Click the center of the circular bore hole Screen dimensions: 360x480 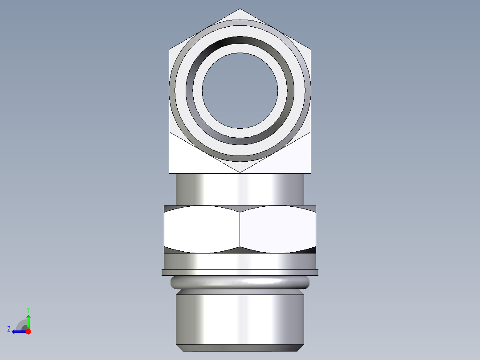[x=240, y=90]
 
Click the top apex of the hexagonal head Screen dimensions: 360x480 [x=240, y=9]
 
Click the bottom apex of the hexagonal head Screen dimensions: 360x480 [x=240, y=172]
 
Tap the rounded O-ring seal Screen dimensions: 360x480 [x=240, y=282]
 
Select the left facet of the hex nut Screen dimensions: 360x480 [x=202, y=229]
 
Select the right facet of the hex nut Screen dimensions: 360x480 [x=278, y=229]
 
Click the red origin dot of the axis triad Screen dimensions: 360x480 [x=28, y=331]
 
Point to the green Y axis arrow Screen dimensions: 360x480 [x=28, y=321]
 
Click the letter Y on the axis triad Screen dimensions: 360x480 [x=28, y=309]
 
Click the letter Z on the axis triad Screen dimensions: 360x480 [x=9, y=329]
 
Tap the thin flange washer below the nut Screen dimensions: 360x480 [x=240, y=272]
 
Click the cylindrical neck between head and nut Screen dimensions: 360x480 [x=240, y=189]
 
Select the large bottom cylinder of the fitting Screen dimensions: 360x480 [x=240, y=319]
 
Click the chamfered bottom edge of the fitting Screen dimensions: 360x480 [x=240, y=348]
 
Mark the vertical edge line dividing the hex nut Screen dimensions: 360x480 [x=240, y=229]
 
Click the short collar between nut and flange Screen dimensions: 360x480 [x=240, y=261]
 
